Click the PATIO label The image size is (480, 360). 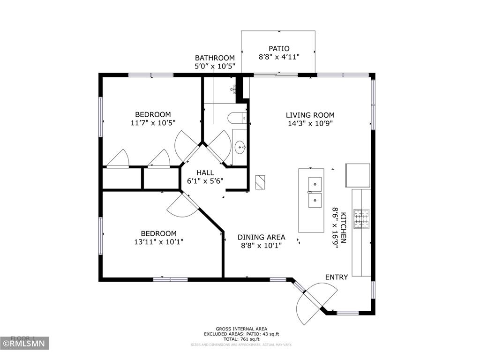pos(278,48)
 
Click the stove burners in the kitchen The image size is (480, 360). pos(361,219)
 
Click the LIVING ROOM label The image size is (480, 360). pos(310,115)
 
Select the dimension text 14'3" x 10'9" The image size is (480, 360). pos(310,124)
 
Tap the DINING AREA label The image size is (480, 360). pos(261,237)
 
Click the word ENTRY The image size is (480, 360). pos(337,277)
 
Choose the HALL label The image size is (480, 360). pos(205,172)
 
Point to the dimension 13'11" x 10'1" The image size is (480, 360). pos(159,242)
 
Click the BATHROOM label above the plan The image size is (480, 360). pos(215,58)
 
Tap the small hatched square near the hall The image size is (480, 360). pos(261,182)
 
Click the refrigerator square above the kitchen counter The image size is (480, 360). pos(358,174)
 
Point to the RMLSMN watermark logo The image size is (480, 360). pos(24,344)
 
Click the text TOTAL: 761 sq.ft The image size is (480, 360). pos(241,339)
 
